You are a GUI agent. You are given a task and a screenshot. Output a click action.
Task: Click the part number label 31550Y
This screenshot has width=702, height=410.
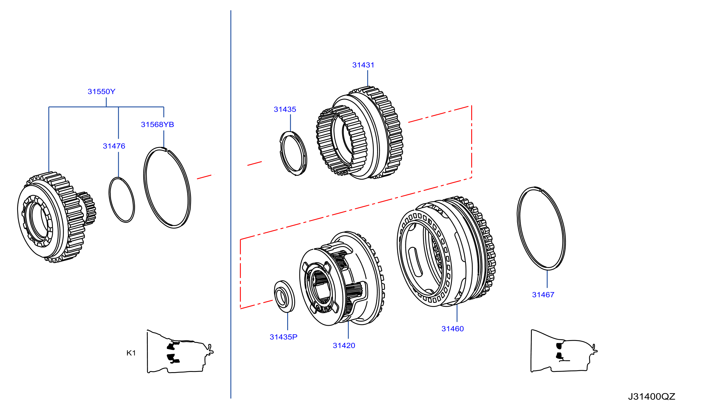point(101,92)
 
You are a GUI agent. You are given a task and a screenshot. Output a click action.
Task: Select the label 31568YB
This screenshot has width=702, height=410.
point(157,125)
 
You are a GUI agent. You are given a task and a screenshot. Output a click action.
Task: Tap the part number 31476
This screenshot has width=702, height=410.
point(114,146)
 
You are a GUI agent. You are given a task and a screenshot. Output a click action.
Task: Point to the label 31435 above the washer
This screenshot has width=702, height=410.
point(285,109)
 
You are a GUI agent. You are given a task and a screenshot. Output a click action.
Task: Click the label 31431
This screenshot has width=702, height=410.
point(363,65)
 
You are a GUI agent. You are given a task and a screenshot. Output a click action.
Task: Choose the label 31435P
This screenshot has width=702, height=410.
point(283,337)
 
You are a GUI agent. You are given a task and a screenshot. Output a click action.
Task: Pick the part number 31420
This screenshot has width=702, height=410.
point(344,346)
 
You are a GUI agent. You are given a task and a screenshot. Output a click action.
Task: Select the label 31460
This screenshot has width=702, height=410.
point(452,329)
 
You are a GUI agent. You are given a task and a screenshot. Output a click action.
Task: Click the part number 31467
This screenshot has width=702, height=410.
point(543,295)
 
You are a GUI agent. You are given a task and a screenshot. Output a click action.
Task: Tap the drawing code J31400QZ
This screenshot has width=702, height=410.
point(652,397)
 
